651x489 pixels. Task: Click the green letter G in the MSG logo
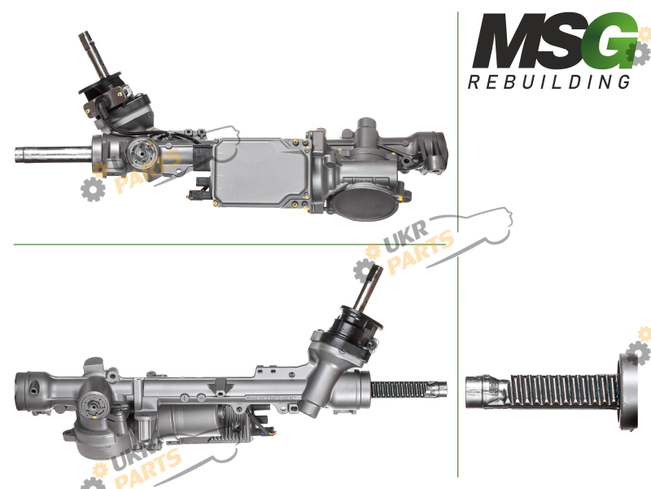(610, 42)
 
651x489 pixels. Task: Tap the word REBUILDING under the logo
(548, 82)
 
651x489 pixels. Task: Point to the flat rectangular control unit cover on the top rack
(260, 172)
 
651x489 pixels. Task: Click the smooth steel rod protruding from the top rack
(53, 155)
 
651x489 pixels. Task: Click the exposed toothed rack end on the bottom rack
(409, 390)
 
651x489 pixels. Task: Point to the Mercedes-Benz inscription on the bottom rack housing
(271, 398)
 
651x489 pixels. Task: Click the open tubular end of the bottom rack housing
(28, 391)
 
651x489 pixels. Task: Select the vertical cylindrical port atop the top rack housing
(366, 130)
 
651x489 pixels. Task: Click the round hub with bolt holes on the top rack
(141, 153)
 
